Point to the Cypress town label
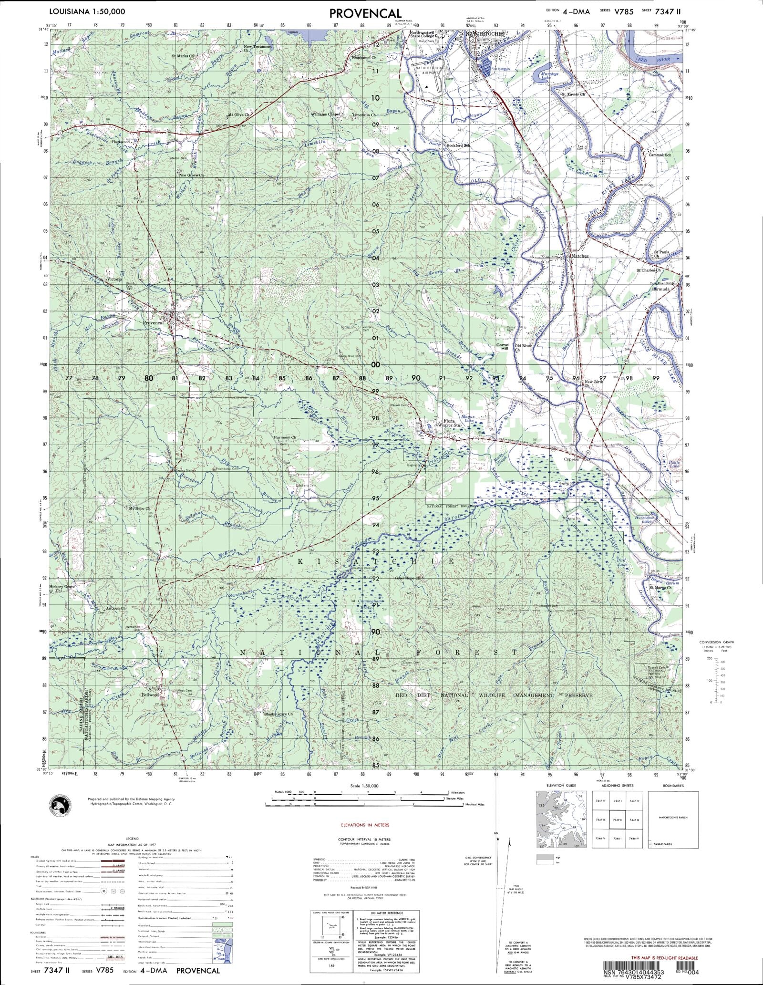(x=571, y=459)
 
